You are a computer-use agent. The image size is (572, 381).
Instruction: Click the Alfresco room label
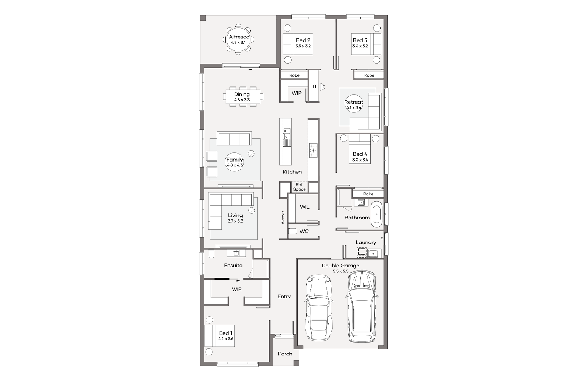[239, 37]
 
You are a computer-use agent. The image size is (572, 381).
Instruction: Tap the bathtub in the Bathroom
[376, 215]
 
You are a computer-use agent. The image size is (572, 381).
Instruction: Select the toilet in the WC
[292, 231]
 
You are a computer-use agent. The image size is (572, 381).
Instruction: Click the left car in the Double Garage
[319, 308]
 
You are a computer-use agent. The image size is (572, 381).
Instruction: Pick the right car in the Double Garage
[362, 306]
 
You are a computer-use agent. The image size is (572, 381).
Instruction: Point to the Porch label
[285, 354]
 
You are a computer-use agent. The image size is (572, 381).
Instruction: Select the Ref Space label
[299, 187]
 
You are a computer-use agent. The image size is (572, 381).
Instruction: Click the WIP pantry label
[296, 93]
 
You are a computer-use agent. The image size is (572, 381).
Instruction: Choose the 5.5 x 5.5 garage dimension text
[341, 271]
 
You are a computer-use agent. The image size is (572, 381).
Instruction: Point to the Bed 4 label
[360, 154]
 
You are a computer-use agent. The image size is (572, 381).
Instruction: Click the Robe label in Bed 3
[369, 75]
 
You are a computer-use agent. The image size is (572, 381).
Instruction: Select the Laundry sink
[373, 253]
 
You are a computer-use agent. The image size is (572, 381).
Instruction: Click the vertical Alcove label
[283, 218]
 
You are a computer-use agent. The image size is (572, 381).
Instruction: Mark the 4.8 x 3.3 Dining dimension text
[242, 100]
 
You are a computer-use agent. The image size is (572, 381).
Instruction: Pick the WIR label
[237, 290]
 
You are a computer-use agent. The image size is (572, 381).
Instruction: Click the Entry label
[284, 296]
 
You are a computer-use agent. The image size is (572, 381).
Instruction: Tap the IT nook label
[315, 86]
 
